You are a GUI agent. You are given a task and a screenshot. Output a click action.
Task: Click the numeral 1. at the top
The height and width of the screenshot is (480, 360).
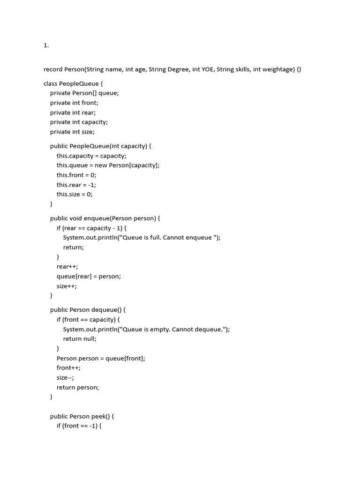pos(46,45)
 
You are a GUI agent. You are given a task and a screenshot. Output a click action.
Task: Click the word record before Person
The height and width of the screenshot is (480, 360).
pos(53,69)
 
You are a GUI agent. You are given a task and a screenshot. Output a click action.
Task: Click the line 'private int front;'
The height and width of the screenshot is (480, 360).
pos(74,103)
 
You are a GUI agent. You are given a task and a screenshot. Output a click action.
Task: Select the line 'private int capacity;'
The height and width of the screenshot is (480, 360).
pos(79,122)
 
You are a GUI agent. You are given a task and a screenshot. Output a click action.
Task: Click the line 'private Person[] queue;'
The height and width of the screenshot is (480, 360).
pos(84,93)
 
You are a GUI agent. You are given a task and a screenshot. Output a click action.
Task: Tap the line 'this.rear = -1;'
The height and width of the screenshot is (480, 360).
pos(76,185)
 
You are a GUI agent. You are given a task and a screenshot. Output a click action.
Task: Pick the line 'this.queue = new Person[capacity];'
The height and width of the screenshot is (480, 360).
pos(108,165)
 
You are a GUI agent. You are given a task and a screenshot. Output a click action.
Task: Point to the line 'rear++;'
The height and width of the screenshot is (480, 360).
pos(67,266)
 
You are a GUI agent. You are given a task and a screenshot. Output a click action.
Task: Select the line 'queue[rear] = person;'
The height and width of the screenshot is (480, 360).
pos(89,276)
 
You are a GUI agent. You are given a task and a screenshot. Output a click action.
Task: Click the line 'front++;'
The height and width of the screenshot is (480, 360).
pos(68,368)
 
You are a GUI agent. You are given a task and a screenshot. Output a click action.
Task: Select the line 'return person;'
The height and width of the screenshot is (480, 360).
pos(78,387)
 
